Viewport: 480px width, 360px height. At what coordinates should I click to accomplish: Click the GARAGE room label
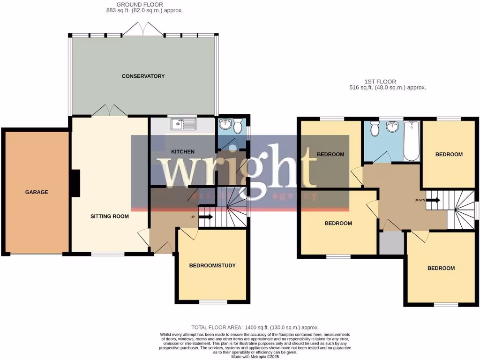coord(37,192)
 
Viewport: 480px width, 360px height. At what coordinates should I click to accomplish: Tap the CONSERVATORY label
coord(143,76)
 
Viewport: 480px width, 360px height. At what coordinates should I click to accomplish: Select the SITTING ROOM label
coord(110,217)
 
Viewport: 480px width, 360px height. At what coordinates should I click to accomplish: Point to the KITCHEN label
coord(183,151)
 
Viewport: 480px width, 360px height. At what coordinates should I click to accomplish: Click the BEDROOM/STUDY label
coord(212,265)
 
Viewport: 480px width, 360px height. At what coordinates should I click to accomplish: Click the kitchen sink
coord(183,124)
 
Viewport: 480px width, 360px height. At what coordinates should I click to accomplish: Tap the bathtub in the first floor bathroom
coord(411,140)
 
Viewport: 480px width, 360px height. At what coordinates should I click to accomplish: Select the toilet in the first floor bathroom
coord(375,128)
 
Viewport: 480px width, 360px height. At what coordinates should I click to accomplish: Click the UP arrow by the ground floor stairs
coord(205,217)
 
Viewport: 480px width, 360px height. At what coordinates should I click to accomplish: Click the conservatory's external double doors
coord(143,29)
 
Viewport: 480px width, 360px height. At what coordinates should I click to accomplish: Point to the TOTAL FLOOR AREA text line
coord(255,327)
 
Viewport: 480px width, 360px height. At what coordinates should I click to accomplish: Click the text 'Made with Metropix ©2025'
coord(255,356)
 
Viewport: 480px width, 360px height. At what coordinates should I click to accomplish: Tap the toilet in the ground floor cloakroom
coord(238,126)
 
